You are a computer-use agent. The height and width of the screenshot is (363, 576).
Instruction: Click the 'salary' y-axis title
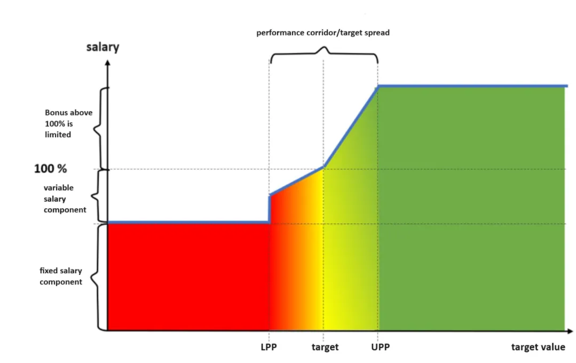102,47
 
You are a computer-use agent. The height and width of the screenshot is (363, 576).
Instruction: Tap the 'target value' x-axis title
538,347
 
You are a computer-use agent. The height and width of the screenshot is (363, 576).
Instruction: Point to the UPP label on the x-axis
380,347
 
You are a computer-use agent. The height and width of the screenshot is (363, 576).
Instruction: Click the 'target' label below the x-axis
325,347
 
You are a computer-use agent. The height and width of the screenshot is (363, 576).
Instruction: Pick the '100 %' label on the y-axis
51,169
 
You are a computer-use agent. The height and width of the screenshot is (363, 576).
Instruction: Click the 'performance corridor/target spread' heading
323,33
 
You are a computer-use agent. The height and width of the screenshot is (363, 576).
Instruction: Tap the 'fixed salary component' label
61,276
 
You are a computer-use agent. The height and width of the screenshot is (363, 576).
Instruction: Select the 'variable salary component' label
65,199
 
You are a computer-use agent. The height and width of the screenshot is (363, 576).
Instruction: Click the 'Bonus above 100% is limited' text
68,123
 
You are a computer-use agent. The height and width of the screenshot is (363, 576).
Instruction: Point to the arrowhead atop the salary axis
108,62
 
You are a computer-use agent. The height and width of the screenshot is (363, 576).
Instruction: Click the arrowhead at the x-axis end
570,331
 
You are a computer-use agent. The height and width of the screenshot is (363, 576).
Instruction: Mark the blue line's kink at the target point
323,167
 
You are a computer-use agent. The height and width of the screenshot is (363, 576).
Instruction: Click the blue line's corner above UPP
378,86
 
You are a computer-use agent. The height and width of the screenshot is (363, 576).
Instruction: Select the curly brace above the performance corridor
324,52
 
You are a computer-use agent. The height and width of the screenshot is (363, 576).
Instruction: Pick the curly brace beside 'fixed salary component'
98,277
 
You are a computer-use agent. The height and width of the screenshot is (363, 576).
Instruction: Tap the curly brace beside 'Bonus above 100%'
98,128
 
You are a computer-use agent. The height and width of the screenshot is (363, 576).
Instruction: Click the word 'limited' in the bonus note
58,135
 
